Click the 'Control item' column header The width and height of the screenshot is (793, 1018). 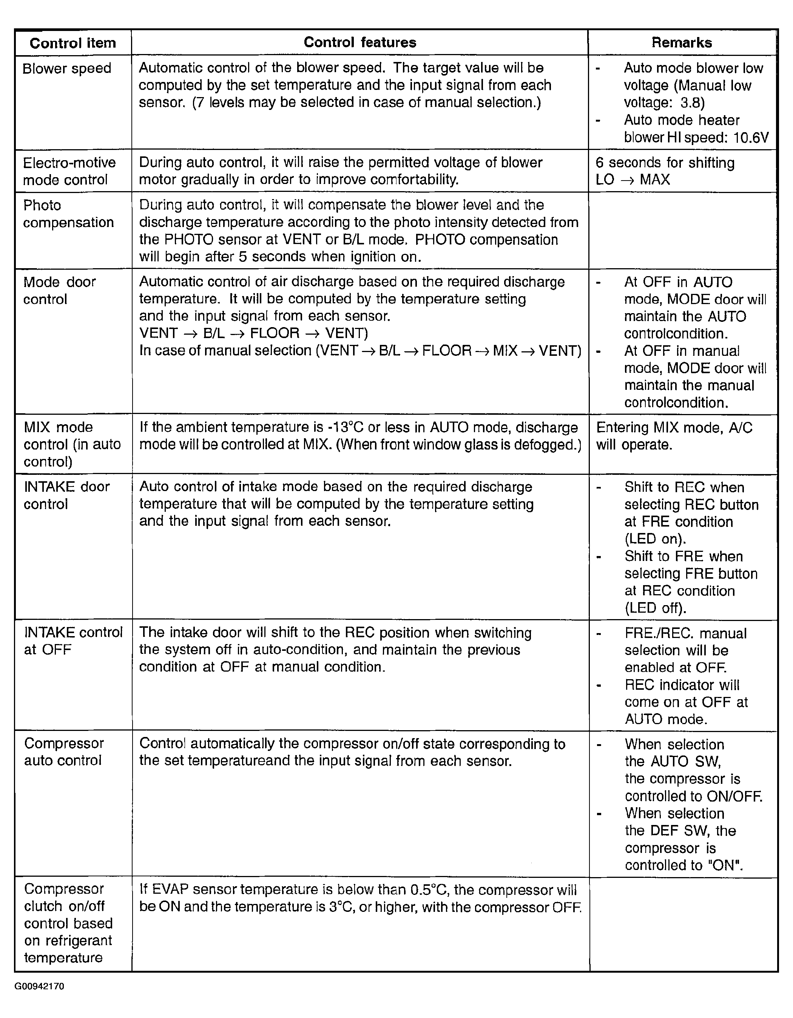pyautogui.click(x=73, y=43)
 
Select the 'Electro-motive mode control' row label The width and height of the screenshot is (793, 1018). pyautogui.click(x=69, y=171)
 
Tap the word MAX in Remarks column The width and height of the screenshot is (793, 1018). pyautogui.click(x=655, y=180)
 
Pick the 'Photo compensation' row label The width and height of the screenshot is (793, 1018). pyautogui.click(x=68, y=214)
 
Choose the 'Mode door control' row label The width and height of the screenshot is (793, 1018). pyautogui.click(x=59, y=290)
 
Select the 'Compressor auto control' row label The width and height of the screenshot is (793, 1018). pyautogui.click(x=63, y=752)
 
